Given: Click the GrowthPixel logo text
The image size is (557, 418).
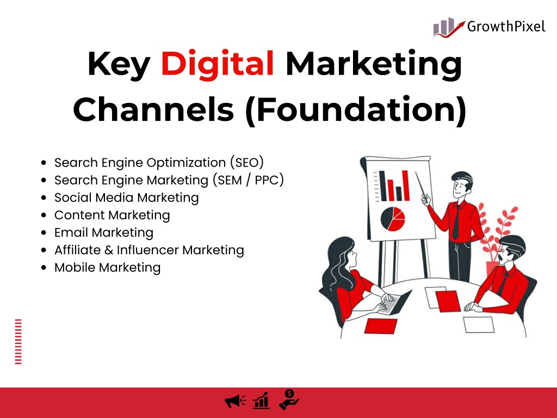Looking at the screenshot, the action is point(506,27).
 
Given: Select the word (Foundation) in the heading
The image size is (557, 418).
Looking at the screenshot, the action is point(356,109).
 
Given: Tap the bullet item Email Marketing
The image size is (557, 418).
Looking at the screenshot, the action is point(104,232).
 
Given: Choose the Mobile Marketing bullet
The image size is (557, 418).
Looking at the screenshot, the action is point(107,267).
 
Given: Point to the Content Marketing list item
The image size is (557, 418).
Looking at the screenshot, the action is point(112,215).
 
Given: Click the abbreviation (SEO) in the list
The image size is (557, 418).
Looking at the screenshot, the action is point(246,162).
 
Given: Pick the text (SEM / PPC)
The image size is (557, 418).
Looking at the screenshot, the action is point(248,180).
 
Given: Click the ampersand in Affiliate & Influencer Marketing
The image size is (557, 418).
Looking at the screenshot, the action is point(109,250).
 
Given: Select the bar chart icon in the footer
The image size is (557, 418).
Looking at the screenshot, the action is point(261,401).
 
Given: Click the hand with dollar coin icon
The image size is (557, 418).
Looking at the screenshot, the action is point(289,399).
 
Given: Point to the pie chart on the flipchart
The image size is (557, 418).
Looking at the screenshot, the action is point(393,219).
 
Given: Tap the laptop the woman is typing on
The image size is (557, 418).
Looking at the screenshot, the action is point(394,303).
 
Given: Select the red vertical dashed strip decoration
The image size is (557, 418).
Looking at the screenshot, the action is point(18,342).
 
